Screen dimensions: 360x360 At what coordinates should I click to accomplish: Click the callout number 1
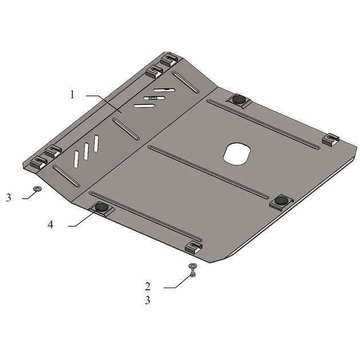[x=73, y=95]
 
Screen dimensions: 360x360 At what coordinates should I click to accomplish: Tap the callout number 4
[x=50, y=225]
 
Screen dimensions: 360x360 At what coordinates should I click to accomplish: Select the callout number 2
[x=147, y=286]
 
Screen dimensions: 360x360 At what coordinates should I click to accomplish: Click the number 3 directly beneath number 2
[x=147, y=301]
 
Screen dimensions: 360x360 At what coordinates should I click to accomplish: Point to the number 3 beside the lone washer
[x=9, y=198]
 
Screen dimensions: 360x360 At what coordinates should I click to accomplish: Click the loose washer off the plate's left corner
[x=37, y=189]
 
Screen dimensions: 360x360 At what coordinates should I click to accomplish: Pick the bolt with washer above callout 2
[x=193, y=270]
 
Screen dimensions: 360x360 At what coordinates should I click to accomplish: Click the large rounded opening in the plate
[x=237, y=154]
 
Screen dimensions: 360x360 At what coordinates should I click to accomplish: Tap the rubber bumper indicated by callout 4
[x=102, y=207]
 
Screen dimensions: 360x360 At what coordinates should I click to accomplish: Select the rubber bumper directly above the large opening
[x=239, y=99]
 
